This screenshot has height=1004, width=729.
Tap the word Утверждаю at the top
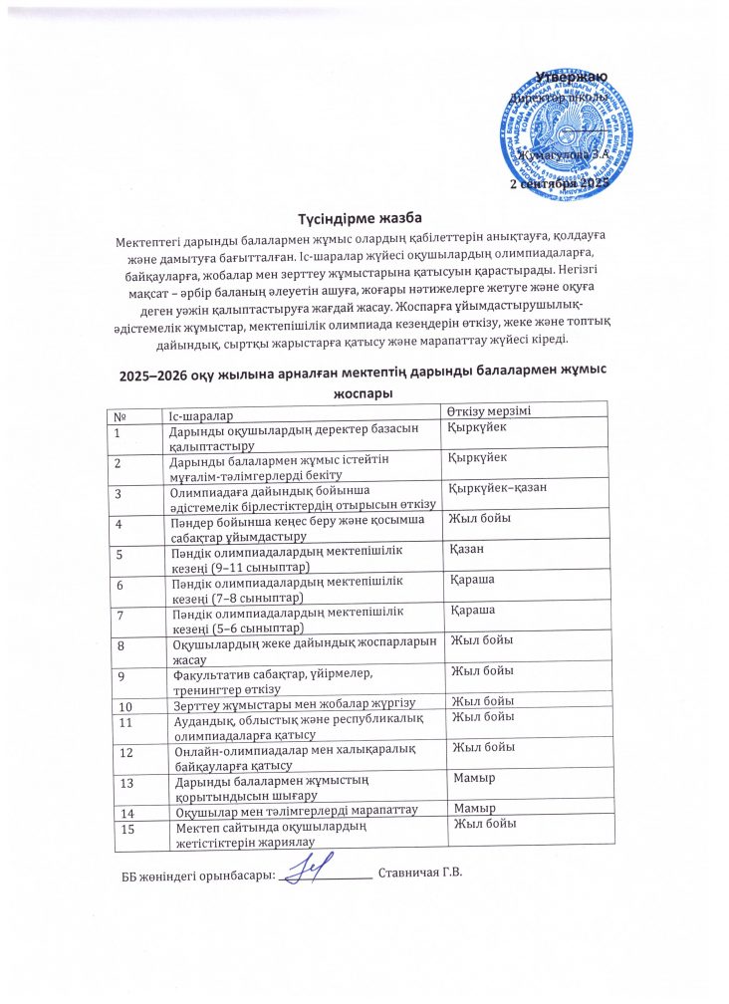[x=572, y=77]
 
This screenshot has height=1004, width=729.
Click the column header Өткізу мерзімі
[x=494, y=411]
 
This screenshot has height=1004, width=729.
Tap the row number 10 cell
[x=126, y=706]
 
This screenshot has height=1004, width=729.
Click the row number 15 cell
[x=126, y=829]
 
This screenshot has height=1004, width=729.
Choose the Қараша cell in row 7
[x=474, y=610]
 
